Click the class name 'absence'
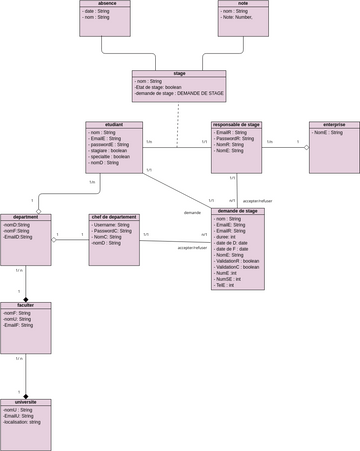pos(105,3)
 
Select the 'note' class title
pos(243,3)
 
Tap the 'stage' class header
pos(179,73)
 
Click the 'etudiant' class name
pos(114,125)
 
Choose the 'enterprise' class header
pos(334,125)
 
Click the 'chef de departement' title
pos(114,217)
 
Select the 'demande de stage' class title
pos(237,211)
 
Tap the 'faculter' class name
pos(25,305)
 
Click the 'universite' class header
pos(25,402)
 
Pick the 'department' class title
pos(25,217)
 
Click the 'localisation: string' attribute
pos(22,422)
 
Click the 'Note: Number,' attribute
pos(243,17)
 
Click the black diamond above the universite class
pos(25,395)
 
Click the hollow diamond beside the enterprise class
pos(306,148)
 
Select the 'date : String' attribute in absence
pos(97,11)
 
